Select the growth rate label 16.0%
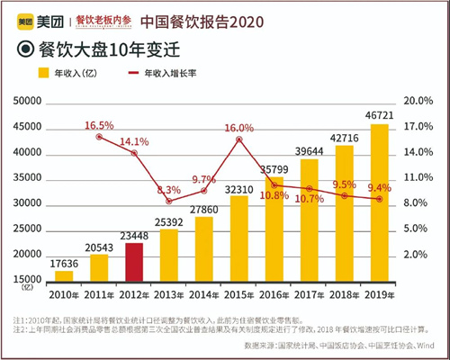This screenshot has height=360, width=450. pyautogui.click(x=239, y=129)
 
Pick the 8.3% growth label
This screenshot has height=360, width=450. pyautogui.click(x=169, y=190)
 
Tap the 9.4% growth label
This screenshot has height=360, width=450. pyautogui.click(x=381, y=188)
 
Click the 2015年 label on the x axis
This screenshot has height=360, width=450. pyautogui.click(x=238, y=295)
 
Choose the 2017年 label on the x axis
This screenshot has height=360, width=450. pyautogui.click(x=310, y=295)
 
